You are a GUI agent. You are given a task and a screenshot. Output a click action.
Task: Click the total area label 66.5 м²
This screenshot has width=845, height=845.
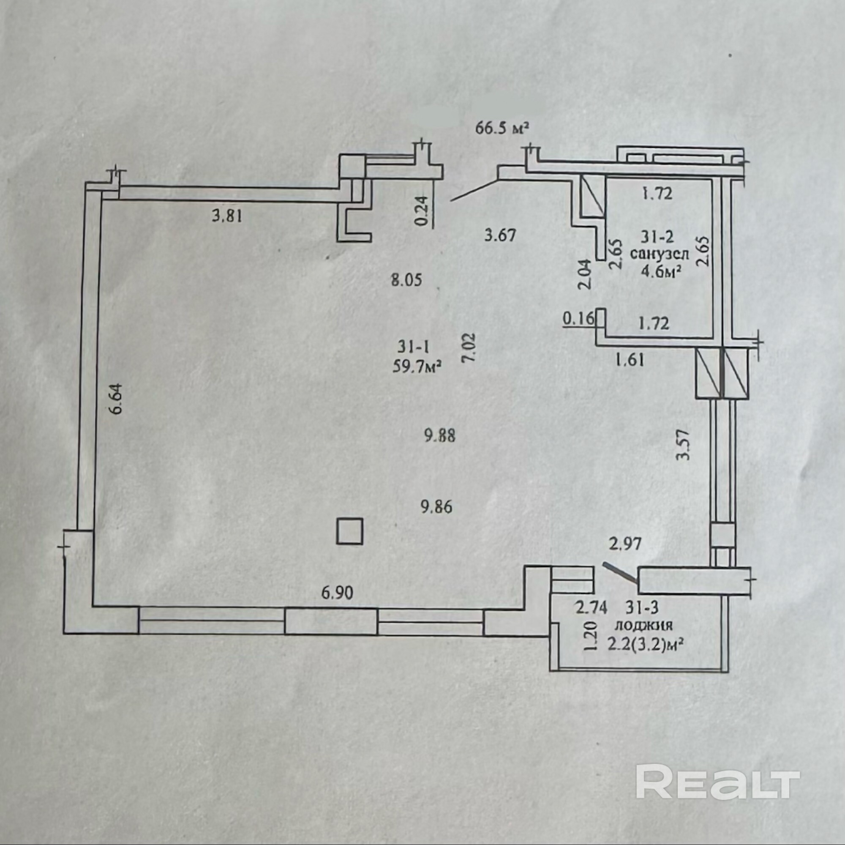tap(502, 129)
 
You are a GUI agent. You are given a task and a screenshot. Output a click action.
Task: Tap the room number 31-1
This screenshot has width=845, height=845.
tap(413, 347)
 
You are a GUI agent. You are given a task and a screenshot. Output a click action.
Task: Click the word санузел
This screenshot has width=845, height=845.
tap(659, 254)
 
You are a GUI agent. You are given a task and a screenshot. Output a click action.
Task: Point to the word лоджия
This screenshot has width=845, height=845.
tap(644, 625)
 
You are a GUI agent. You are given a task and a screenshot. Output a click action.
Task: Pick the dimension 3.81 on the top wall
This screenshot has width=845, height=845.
tap(227, 216)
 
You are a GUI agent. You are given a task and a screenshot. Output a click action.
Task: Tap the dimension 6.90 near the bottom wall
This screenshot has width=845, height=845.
tap(337, 593)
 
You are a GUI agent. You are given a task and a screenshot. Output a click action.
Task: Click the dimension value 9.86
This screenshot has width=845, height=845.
tap(436, 507)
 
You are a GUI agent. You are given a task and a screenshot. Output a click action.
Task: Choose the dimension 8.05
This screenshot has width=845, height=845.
tap(407, 280)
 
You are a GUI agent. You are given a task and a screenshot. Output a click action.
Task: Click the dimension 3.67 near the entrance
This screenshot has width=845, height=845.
tap(500, 235)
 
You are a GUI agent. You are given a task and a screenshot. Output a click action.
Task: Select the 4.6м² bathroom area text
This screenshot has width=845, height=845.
tap(660, 271)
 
